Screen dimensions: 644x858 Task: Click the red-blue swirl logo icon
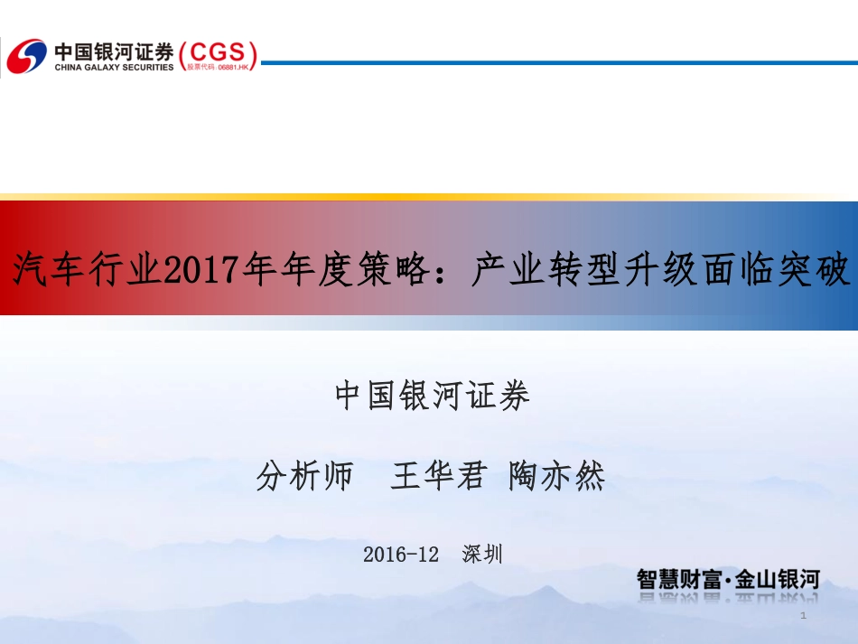click(x=27, y=56)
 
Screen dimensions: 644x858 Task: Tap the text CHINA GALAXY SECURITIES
click(x=114, y=67)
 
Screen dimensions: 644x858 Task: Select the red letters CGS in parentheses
click(x=219, y=51)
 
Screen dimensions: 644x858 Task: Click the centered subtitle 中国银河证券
click(x=432, y=396)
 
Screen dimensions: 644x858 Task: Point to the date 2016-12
click(x=400, y=555)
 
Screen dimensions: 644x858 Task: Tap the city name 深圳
click(x=481, y=555)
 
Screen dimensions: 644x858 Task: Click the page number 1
click(x=803, y=616)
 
